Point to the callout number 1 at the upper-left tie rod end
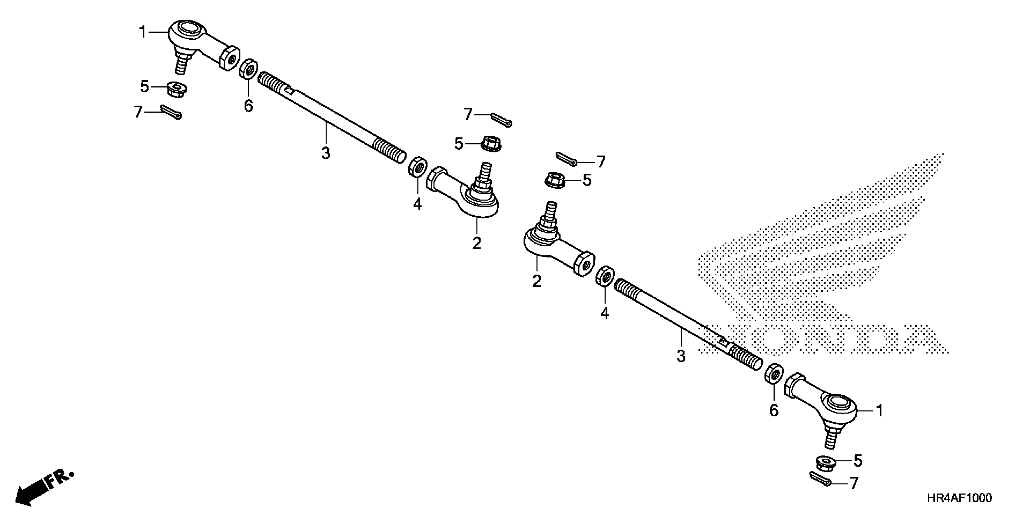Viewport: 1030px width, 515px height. click(143, 32)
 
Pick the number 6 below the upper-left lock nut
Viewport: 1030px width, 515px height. click(248, 106)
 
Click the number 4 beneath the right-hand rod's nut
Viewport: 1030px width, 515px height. click(605, 313)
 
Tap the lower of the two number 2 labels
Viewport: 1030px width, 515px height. click(537, 281)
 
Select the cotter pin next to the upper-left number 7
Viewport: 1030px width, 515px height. click(171, 112)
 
